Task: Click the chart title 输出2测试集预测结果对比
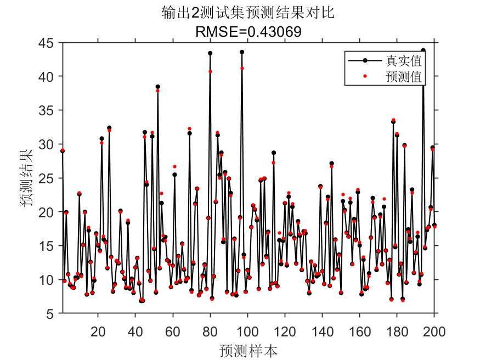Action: coord(248,13)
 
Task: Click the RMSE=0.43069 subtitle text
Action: coord(248,32)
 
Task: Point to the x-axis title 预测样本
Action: coord(247,350)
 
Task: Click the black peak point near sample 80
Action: coord(210,53)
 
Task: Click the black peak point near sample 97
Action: coord(242,52)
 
